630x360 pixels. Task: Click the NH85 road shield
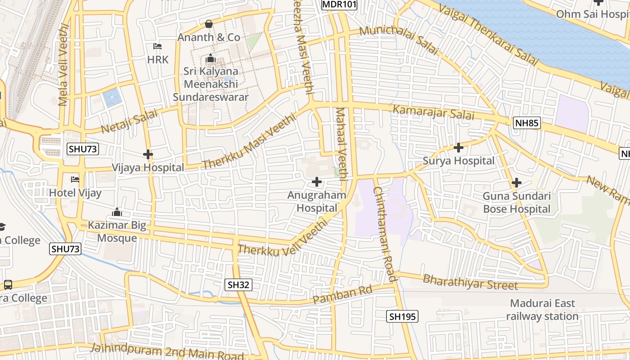point(526,123)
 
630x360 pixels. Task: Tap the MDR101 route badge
point(339,4)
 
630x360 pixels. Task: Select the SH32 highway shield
point(238,284)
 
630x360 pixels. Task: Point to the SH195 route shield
point(402,317)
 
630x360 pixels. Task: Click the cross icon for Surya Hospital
point(459,147)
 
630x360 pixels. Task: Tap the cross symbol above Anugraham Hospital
point(317,182)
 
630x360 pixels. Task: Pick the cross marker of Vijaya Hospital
point(148,154)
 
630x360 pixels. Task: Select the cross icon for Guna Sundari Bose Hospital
point(517,183)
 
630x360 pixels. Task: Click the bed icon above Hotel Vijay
point(75,180)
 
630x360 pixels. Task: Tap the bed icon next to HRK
point(157,46)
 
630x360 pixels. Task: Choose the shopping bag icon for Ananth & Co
point(209,24)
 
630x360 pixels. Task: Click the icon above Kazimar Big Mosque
point(117,212)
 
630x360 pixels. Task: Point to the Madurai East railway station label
point(542,310)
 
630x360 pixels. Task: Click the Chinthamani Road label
point(385,234)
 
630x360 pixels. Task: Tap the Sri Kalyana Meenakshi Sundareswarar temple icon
point(210,58)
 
